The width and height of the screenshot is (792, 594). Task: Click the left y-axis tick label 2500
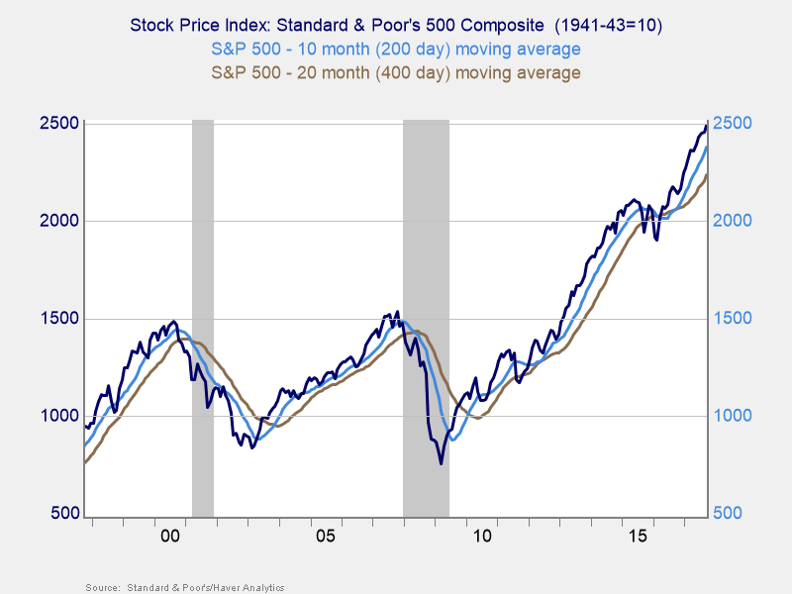coord(56,123)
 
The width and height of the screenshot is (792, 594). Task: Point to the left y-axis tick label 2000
coord(56,221)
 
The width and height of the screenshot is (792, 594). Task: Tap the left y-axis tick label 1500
coord(56,319)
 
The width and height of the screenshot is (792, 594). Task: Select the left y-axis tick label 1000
coord(56,416)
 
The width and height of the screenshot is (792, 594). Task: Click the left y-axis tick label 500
coord(61,514)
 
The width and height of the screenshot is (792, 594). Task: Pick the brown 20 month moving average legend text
coord(395,72)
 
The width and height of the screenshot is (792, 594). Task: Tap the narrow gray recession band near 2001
coord(202,317)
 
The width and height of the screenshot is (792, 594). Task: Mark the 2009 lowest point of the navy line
coord(442,462)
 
